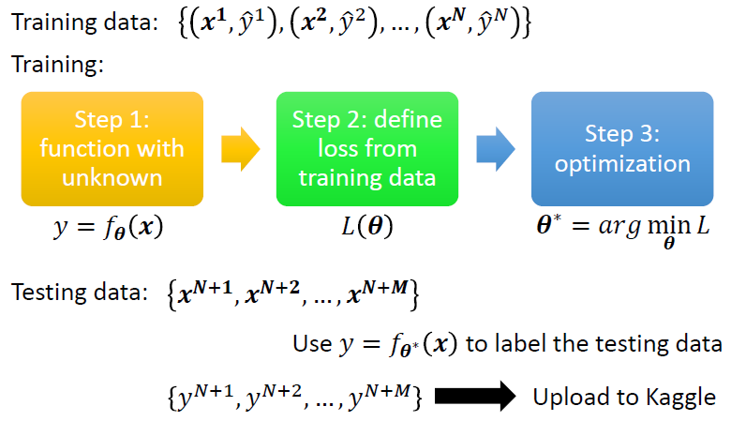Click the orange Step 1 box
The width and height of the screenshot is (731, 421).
pos(112,148)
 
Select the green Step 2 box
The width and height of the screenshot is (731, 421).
pos(366,148)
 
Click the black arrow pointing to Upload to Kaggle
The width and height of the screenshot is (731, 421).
pos(474,397)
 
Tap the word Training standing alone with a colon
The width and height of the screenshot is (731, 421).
pos(55,66)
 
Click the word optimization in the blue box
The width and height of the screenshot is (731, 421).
pos(622,164)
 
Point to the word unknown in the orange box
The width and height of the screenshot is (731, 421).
pos(112,177)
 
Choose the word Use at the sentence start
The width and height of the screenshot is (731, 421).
pos(311,343)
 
